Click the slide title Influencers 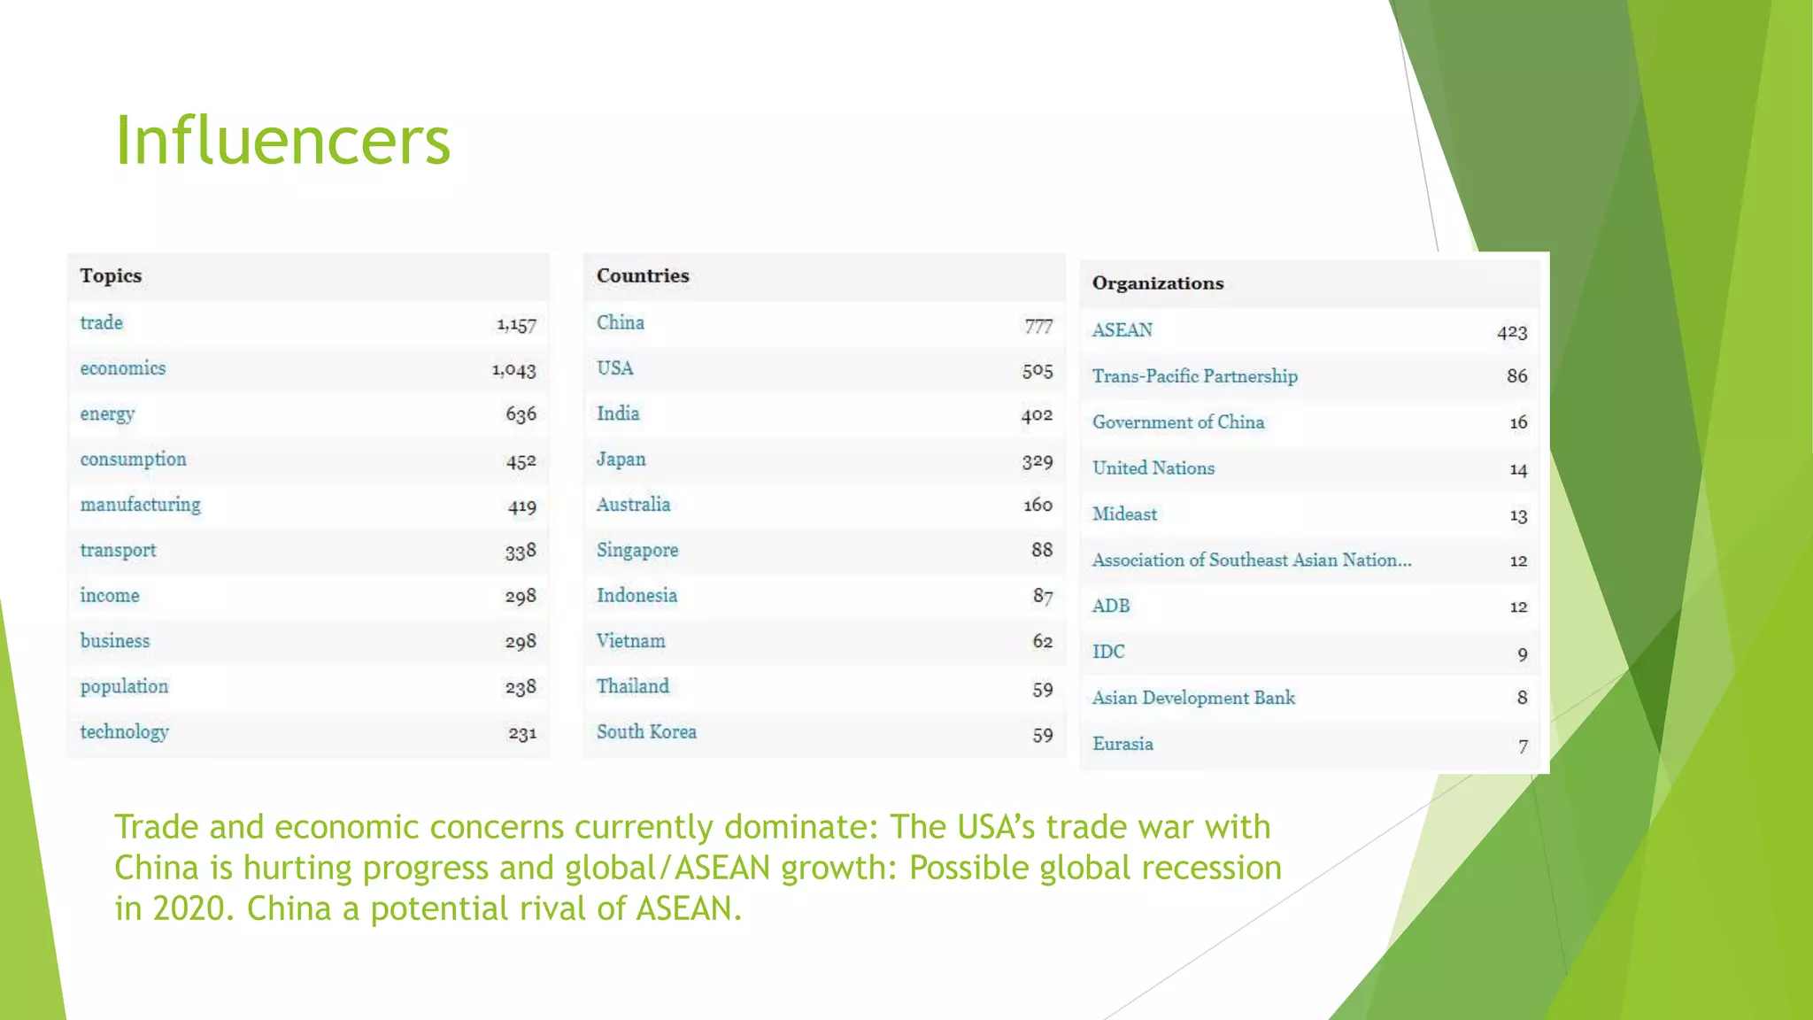(x=282, y=141)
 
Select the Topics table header (x=111, y=275)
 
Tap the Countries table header (x=643, y=275)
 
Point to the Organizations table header (x=1158, y=283)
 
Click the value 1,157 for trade (x=516, y=325)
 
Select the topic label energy (x=107, y=414)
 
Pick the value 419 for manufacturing (x=521, y=506)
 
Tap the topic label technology (x=124, y=732)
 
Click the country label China (x=620, y=323)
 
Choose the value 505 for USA (x=1038, y=370)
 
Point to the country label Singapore (x=637, y=551)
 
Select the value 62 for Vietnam (x=1042, y=641)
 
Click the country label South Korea (x=646, y=732)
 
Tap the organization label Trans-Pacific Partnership (x=1194, y=376)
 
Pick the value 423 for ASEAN (x=1512, y=332)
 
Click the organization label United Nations (x=1153, y=468)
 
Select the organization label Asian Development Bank (x=1193, y=698)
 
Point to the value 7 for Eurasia (x=1523, y=746)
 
